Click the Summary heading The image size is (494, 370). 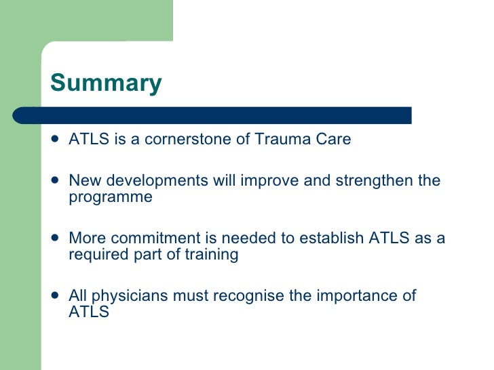[106, 83]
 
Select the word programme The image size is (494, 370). [111, 197]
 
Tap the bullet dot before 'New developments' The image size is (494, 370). [55, 181]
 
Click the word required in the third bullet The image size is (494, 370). [96, 255]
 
